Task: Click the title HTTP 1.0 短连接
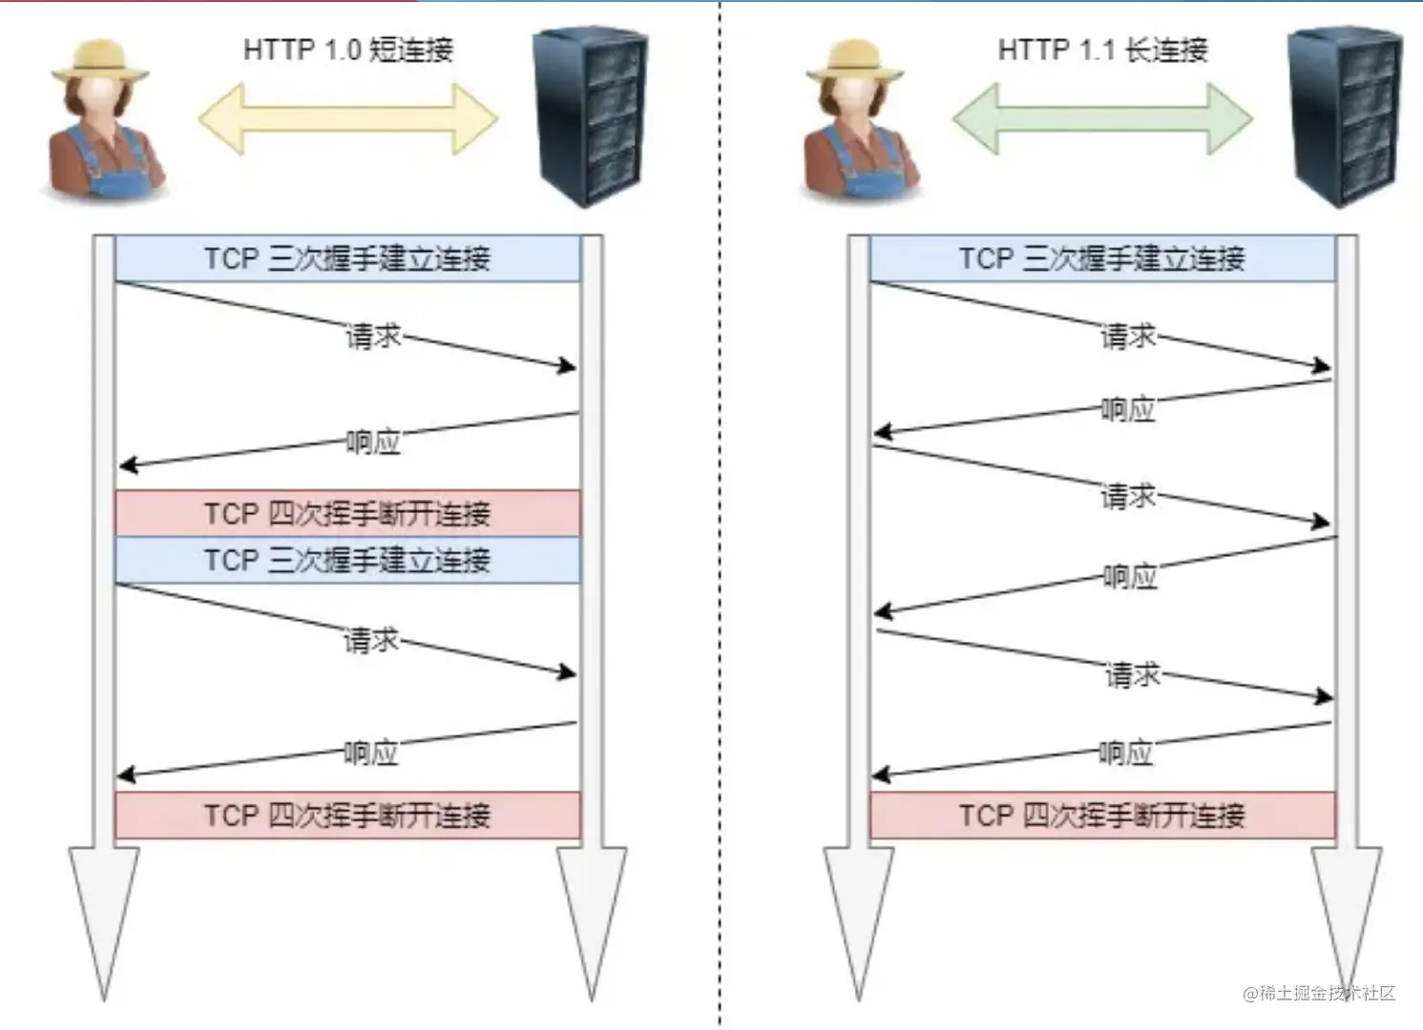(347, 50)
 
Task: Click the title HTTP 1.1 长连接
(1102, 50)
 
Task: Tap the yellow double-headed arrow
(347, 119)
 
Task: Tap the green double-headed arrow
(1102, 119)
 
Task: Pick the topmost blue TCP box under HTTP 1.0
(347, 258)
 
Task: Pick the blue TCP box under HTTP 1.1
(1102, 258)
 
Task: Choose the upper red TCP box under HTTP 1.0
(347, 513)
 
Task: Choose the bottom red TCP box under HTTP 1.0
(347, 815)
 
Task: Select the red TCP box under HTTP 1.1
(1102, 815)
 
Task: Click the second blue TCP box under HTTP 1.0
(347, 560)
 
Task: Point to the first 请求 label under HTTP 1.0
(372, 337)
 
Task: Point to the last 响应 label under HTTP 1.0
(370, 753)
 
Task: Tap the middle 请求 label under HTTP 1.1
(1128, 496)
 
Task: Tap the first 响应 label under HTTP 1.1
(1128, 410)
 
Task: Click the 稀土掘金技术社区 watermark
(1320, 993)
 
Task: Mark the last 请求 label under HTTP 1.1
(1132, 675)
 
